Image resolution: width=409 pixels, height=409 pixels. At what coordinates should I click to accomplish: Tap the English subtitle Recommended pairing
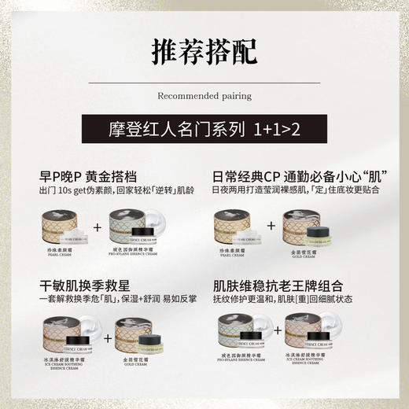click(x=204, y=96)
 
